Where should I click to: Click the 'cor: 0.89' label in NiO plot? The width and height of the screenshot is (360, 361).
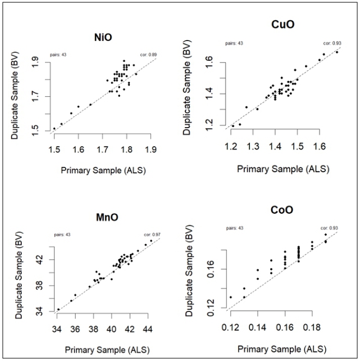click(x=149, y=55)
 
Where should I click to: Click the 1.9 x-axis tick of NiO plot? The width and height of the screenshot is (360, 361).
click(x=151, y=148)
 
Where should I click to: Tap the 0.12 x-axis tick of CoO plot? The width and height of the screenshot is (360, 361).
click(x=230, y=326)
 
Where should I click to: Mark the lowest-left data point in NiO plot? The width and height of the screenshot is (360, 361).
click(x=54, y=128)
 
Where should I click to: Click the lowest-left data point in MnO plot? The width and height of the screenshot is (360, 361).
click(x=58, y=309)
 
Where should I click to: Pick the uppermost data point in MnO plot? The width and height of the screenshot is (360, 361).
click(x=151, y=241)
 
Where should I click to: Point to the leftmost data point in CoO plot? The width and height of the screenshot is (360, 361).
click(x=230, y=297)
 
